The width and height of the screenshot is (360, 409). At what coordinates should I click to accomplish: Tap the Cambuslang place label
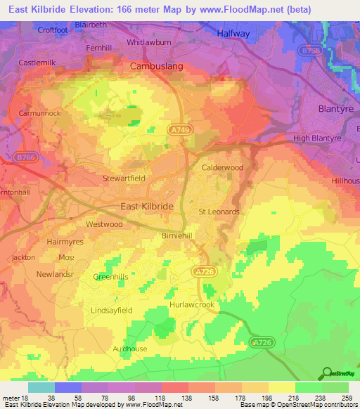157,66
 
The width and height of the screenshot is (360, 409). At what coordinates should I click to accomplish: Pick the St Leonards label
219,212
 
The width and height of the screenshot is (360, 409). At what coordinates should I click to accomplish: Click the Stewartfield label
124,178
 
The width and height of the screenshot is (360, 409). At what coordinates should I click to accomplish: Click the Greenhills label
111,277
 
